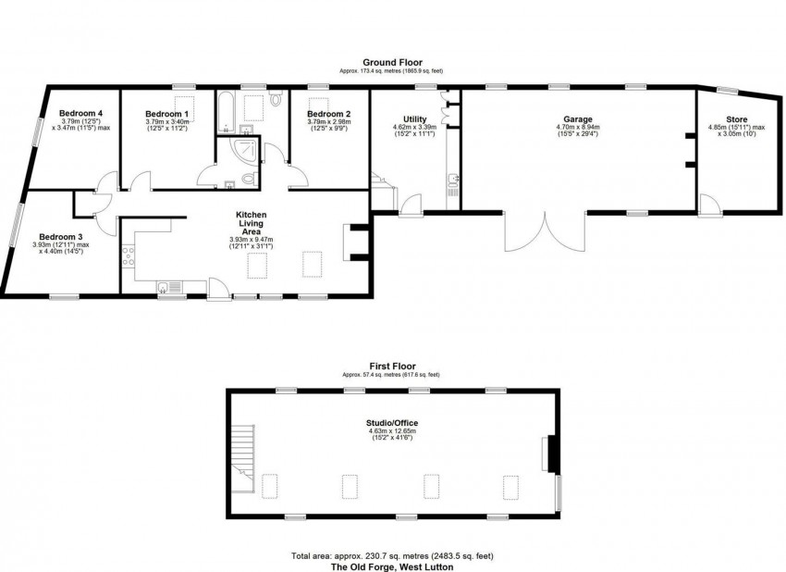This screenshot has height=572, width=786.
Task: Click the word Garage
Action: click(x=578, y=119)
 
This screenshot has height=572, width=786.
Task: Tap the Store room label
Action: click(x=736, y=119)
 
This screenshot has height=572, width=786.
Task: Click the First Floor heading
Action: click(x=391, y=367)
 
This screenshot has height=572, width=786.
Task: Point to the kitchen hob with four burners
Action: click(x=129, y=256)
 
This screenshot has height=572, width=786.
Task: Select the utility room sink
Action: click(x=452, y=183)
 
